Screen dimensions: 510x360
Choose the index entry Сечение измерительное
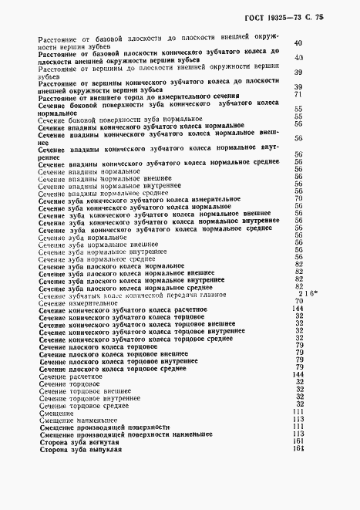[76, 302]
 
